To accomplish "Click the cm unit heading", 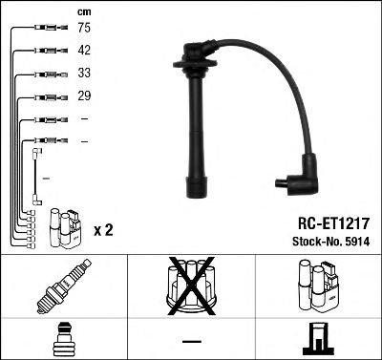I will pos(82,11).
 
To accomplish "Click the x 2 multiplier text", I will pos(105,230).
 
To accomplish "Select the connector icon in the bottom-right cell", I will pos(318,339).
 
